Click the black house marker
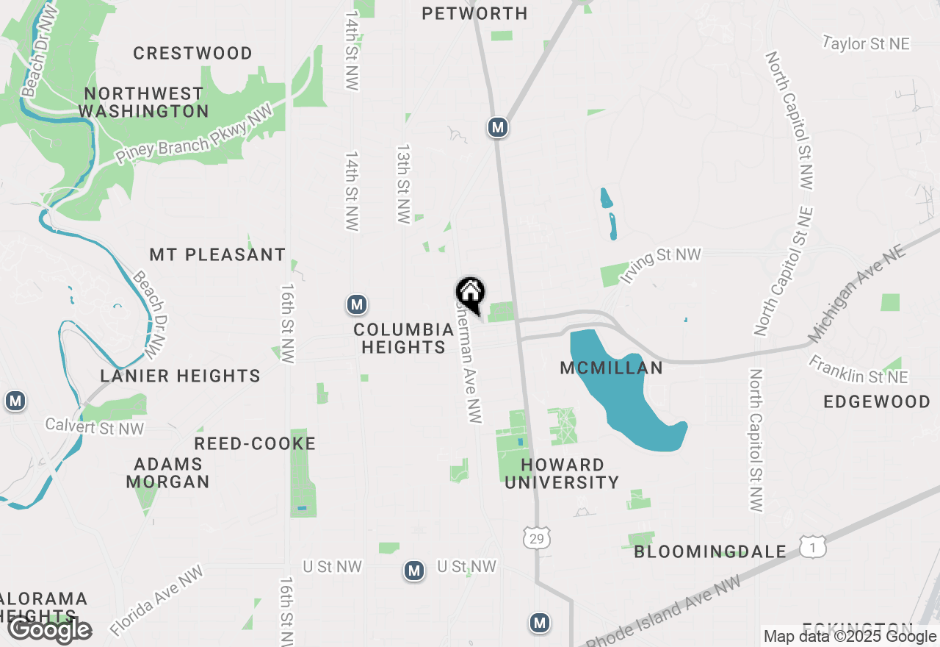[x=471, y=293]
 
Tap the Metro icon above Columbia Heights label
[x=357, y=304]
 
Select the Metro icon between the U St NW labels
[x=414, y=571]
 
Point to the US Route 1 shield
[x=813, y=547]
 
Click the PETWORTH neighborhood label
[x=475, y=13]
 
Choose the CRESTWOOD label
[x=193, y=53]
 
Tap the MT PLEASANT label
[x=217, y=254]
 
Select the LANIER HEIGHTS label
[x=181, y=376]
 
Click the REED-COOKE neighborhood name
[x=255, y=443]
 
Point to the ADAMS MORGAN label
[x=168, y=473]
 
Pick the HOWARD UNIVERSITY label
[x=563, y=473]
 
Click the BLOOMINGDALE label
[x=710, y=551]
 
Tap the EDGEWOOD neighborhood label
[x=877, y=401]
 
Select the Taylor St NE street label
[x=866, y=44]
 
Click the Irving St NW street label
[x=660, y=265]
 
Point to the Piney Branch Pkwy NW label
[x=194, y=134]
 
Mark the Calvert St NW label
[x=95, y=426]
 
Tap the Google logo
[x=49, y=630]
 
